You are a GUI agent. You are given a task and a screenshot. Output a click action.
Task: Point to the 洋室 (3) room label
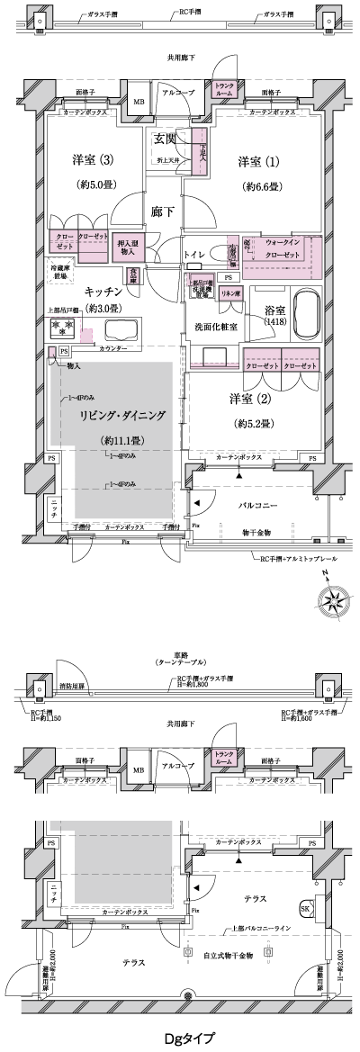[x=90, y=162]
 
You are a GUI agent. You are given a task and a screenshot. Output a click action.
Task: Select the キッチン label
[x=103, y=292]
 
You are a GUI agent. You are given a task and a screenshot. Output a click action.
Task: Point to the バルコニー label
[x=269, y=507]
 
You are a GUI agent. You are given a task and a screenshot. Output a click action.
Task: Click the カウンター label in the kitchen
[x=112, y=347]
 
